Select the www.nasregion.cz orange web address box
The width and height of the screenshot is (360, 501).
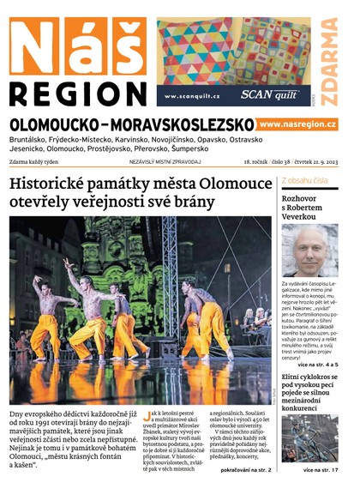297,124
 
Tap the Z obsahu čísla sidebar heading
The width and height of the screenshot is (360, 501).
304,180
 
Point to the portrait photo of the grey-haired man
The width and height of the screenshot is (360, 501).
309,250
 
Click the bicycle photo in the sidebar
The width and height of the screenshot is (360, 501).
309,438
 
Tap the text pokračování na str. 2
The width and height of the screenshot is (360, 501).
245,471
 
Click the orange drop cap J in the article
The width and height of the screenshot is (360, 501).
151,414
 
